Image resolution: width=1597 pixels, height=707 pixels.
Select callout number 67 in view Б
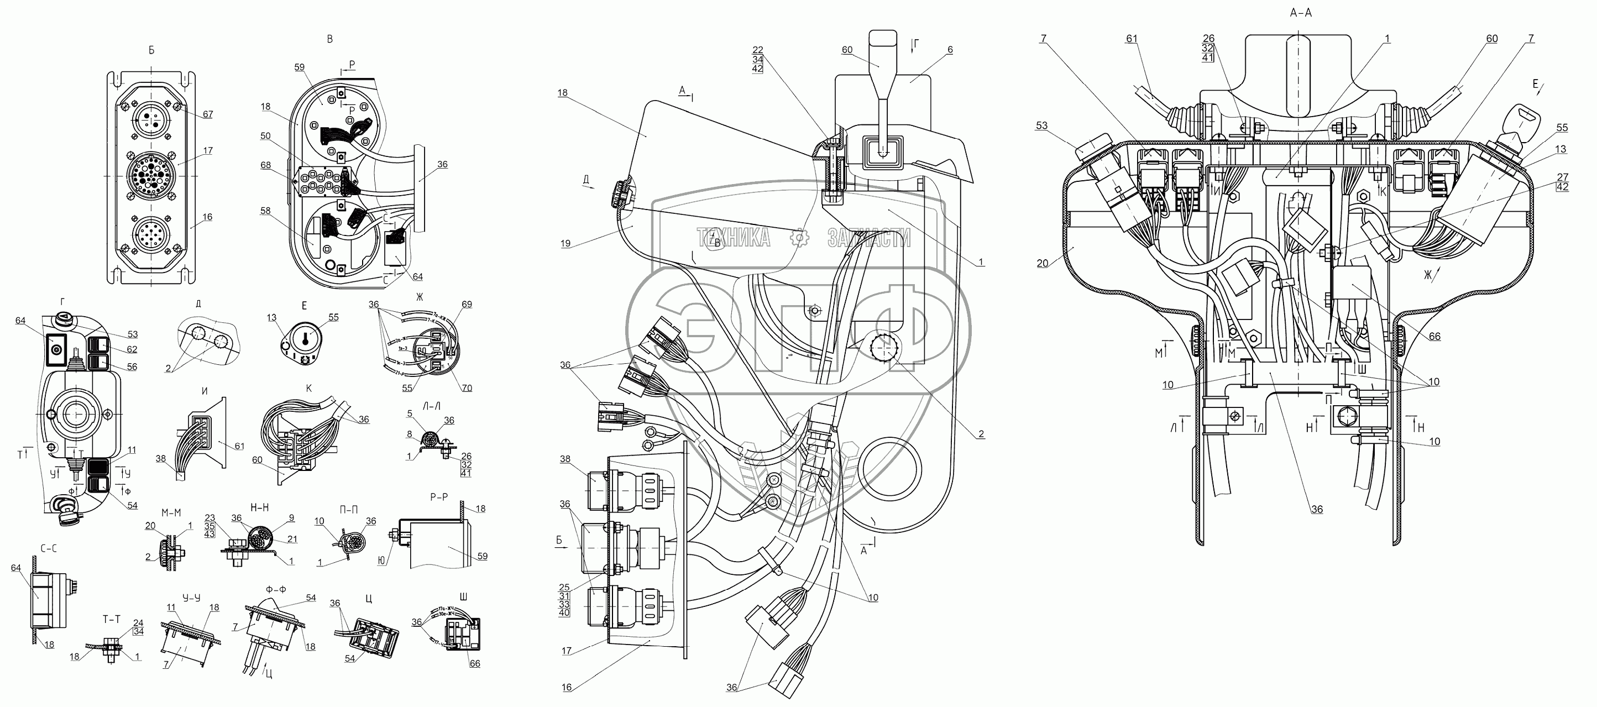(208, 114)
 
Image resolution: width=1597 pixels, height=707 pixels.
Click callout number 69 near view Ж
(466, 304)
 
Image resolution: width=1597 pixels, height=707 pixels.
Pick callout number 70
(466, 388)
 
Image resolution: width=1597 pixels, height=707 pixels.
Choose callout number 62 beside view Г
(132, 350)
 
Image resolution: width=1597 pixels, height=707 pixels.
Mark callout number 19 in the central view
(566, 244)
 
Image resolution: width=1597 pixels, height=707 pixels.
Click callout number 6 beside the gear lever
(950, 50)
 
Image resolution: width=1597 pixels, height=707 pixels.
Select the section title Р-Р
(439, 497)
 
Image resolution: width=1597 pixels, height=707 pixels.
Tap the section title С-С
(50, 548)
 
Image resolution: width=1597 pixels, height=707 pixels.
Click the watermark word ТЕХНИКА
(734, 237)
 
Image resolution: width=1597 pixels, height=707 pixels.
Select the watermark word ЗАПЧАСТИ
(869, 237)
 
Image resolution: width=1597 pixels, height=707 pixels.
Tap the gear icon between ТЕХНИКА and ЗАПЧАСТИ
(800, 237)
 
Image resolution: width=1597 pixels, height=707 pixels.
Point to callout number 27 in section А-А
(1562, 177)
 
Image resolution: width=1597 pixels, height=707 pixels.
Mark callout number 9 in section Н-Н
(291, 518)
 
